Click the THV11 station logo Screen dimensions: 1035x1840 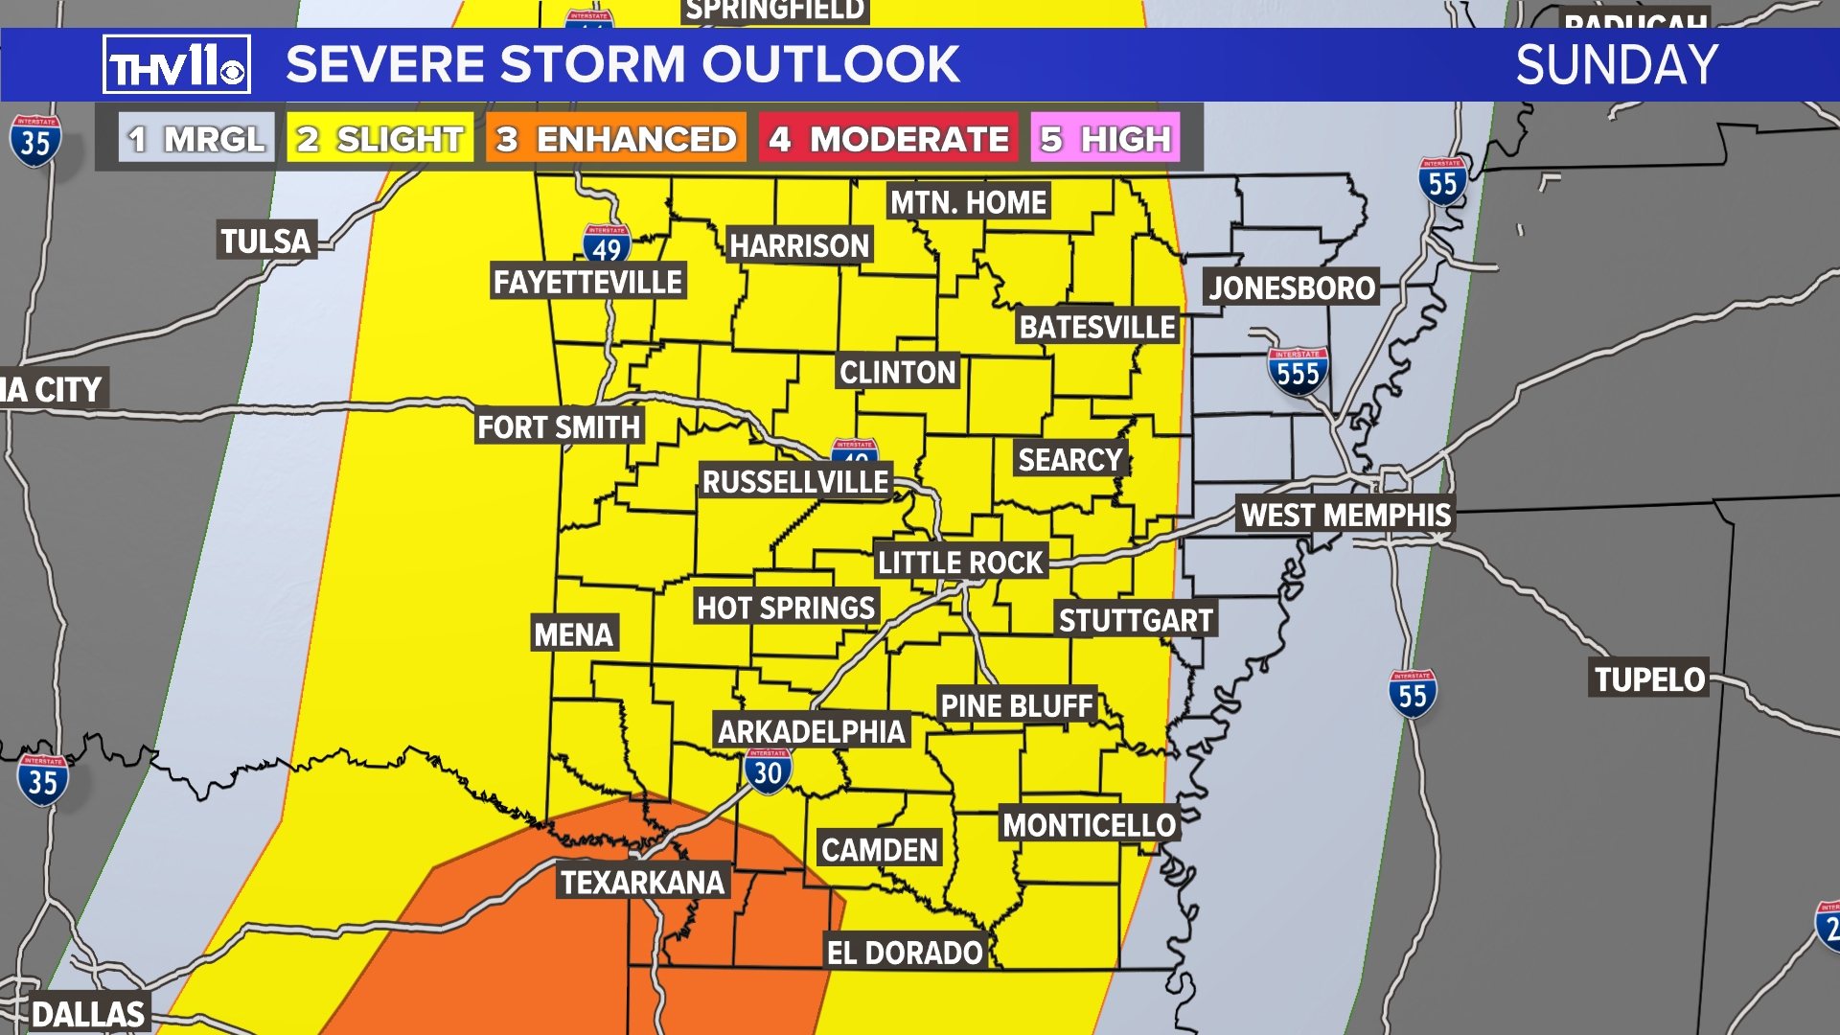coord(176,65)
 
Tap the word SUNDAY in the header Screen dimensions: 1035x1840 coord(1617,65)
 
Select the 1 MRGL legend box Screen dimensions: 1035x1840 coord(196,139)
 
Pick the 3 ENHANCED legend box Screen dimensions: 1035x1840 coord(616,139)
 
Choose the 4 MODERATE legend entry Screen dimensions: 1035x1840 coord(889,139)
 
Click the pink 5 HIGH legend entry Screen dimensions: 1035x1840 coord(1106,139)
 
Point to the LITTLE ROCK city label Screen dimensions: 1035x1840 coord(960,562)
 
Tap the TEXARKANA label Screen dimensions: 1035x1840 coord(642,882)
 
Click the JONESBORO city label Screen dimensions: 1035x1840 coord(1291,287)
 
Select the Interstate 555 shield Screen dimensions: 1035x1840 coord(1298,372)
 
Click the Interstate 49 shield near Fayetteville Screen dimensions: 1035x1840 coord(607,245)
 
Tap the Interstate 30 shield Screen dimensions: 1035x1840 coord(768,771)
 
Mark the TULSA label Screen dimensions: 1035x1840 coord(265,241)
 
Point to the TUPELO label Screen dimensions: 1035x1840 coord(1649,679)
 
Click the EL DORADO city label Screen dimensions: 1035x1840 coord(905,953)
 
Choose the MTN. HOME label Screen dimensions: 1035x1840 coord(968,202)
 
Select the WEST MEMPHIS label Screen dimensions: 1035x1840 coord(1345,515)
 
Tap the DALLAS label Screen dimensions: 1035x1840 coord(88,1014)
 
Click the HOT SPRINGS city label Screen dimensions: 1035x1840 coord(786,608)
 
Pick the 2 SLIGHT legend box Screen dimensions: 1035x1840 coord(380,139)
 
